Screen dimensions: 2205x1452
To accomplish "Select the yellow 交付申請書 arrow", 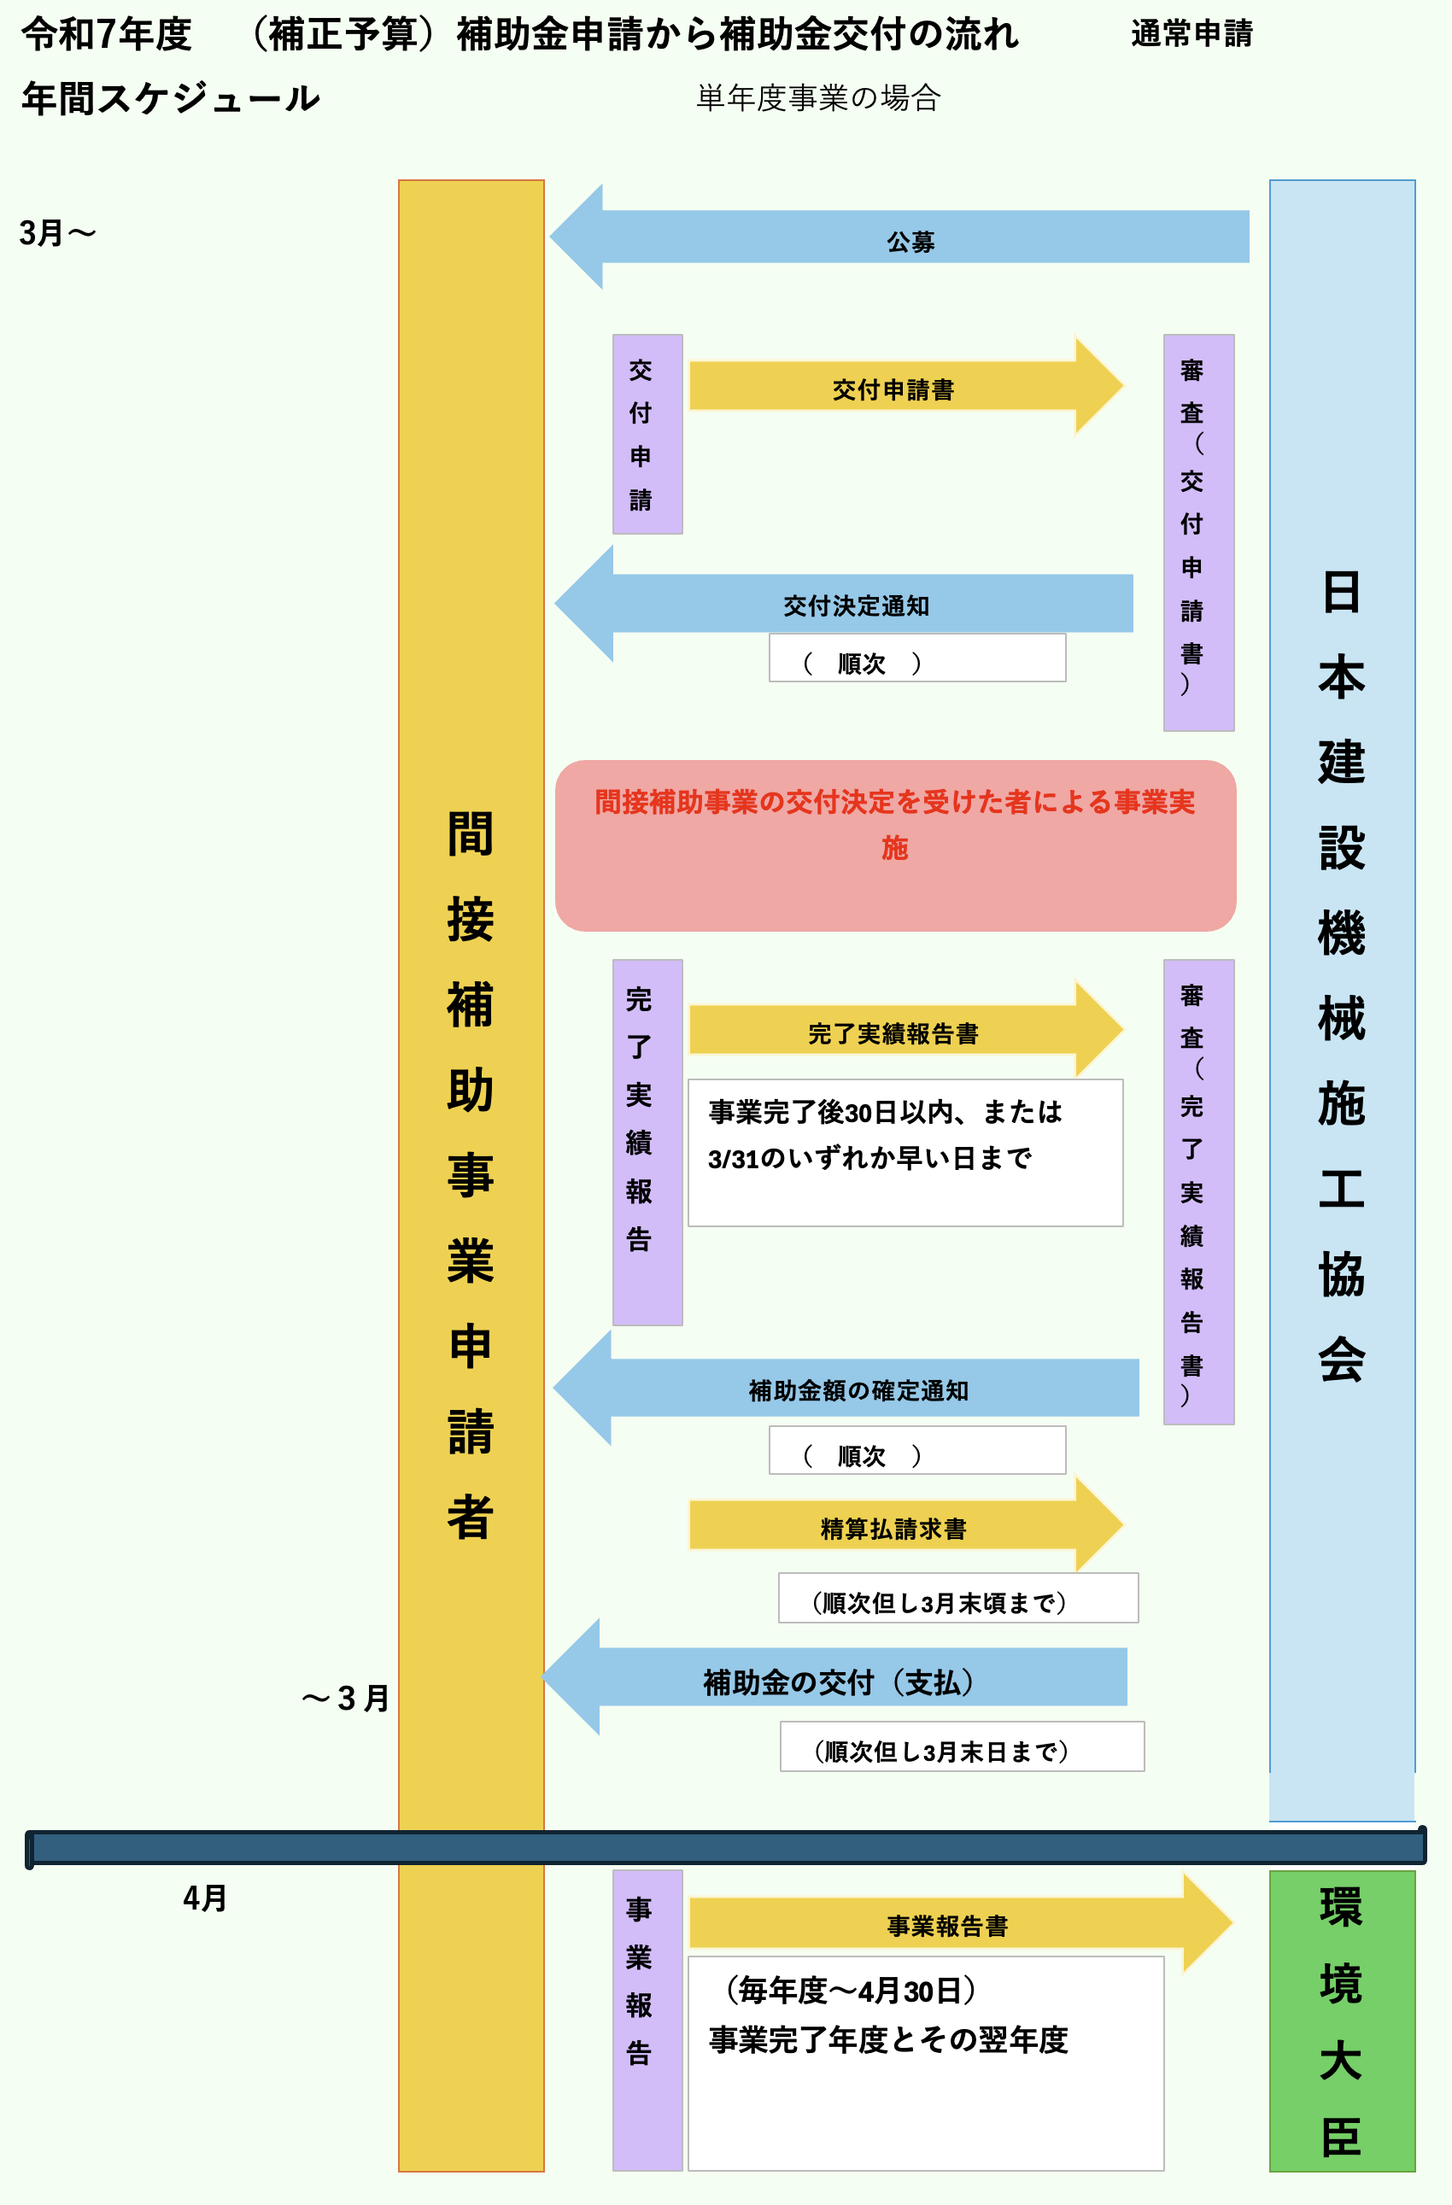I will tap(894, 386).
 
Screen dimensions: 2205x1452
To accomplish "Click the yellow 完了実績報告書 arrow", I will tap(894, 1030).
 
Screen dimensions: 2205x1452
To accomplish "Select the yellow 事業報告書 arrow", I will tap(947, 1923).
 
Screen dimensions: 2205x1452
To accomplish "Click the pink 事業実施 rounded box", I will tap(895, 845).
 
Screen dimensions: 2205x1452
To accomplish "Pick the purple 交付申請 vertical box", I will tap(647, 434).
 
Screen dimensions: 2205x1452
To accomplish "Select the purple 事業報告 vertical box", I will tap(647, 2020).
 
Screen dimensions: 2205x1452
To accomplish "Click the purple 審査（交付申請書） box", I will tap(1198, 532).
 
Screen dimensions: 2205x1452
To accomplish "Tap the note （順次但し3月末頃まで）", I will tap(957, 1598).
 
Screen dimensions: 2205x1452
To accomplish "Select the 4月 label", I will tap(205, 1898).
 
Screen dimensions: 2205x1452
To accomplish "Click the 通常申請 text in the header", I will tap(1191, 34).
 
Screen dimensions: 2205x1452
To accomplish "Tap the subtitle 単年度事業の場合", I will tap(818, 97).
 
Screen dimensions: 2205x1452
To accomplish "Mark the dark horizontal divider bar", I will tap(725, 1847).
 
